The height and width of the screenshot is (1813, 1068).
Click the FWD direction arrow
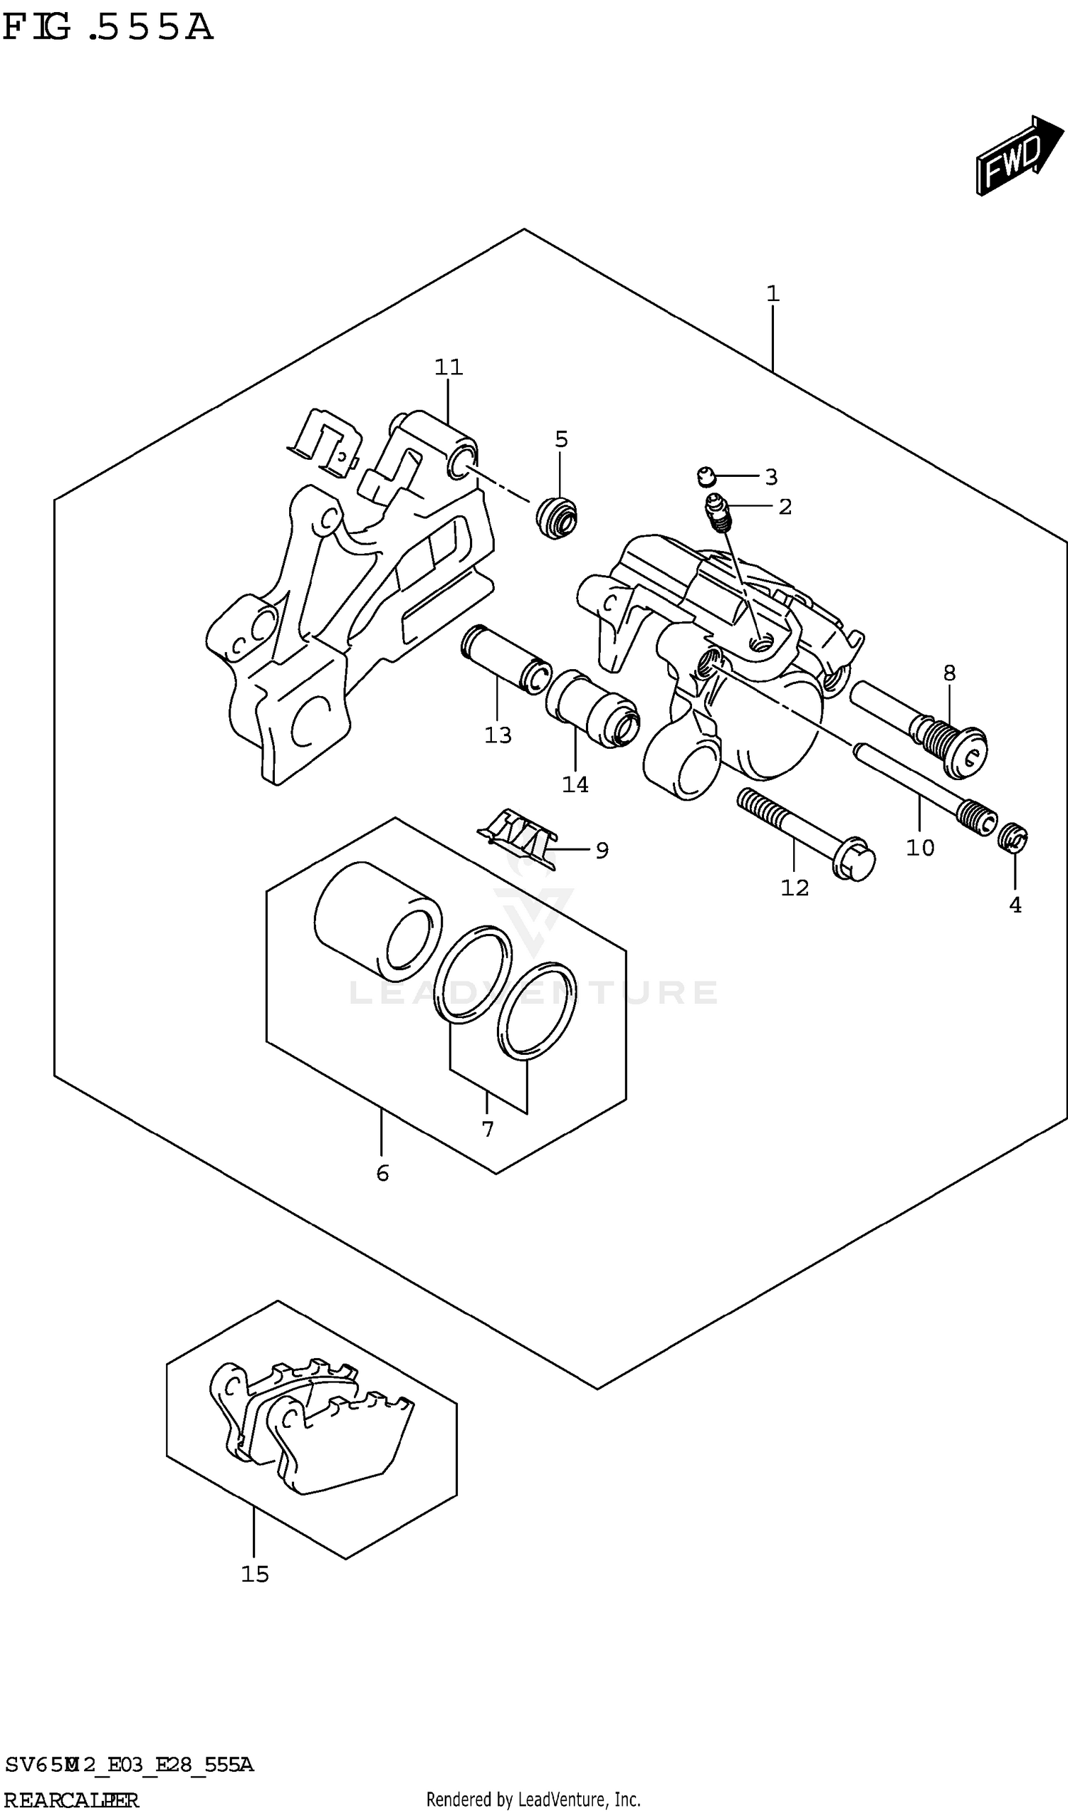pyautogui.click(x=1017, y=155)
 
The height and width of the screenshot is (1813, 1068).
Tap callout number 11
pyautogui.click(x=449, y=367)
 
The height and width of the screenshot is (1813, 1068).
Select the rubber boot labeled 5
pyautogui.click(x=557, y=517)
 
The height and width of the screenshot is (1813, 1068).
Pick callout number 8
pyautogui.click(x=949, y=673)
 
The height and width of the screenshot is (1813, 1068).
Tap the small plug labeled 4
pyautogui.click(x=1012, y=837)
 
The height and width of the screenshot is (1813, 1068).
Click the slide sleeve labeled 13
pyautogui.click(x=506, y=659)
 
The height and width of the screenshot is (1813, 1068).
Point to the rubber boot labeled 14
pyautogui.click(x=592, y=709)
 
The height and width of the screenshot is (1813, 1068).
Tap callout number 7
pyautogui.click(x=488, y=1130)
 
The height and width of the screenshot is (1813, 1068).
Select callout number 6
pyautogui.click(x=382, y=1173)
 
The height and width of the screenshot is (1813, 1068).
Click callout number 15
pyautogui.click(x=255, y=1574)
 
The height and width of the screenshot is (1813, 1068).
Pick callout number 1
pyautogui.click(x=773, y=293)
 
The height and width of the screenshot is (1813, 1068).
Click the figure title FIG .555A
pyautogui.click(x=108, y=27)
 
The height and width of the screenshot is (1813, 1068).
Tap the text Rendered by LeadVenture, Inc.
pyautogui.click(x=533, y=1799)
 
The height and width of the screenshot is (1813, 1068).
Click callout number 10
pyautogui.click(x=920, y=848)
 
